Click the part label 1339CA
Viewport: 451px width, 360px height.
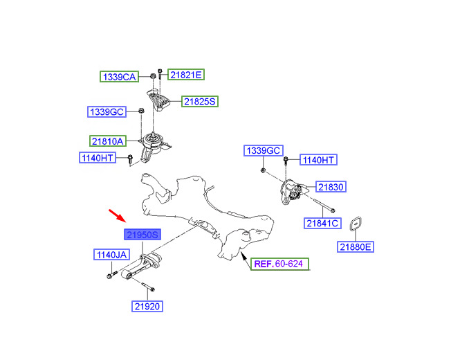(x=120, y=77)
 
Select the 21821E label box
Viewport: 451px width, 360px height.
(x=186, y=75)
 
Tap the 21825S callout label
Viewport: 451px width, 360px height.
(x=200, y=101)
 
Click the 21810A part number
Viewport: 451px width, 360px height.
(x=108, y=141)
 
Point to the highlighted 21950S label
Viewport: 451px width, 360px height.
(x=142, y=235)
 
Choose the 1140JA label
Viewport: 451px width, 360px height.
(x=111, y=255)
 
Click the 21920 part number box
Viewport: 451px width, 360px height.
(x=147, y=306)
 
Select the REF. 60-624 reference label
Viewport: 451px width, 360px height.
(x=280, y=264)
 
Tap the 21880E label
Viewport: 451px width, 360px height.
(x=356, y=247)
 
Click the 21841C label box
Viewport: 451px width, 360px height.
(x=322, y=223)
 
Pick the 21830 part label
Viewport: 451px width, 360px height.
(x=331, y=187)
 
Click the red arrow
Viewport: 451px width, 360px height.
(x=118, y=216)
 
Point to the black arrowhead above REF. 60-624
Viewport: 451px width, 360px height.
(x=243, y=255)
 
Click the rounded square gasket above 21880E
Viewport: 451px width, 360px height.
(x=356, y=224)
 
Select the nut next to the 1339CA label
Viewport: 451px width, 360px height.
(x=153, y=76)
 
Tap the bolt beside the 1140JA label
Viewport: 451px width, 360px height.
(x=111, y=274)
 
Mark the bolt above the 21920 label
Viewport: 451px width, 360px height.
(x=148, y=287)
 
